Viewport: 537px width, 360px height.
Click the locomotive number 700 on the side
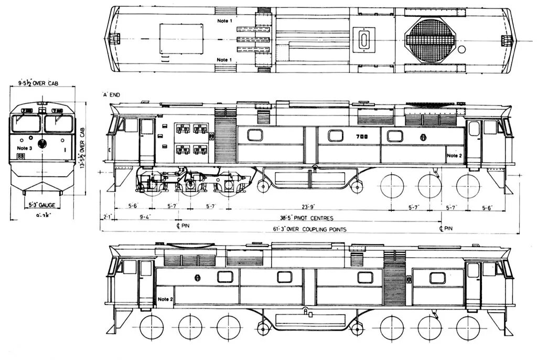361,136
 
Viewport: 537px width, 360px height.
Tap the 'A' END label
112,94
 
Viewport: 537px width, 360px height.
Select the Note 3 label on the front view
25,149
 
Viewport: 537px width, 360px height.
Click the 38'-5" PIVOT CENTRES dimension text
307,218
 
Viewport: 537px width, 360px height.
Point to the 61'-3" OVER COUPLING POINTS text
309,229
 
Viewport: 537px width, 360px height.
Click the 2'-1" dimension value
109,216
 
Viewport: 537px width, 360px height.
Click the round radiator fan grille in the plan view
431,39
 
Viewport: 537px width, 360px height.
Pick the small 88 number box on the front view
20,156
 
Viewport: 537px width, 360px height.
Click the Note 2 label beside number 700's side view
454,156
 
